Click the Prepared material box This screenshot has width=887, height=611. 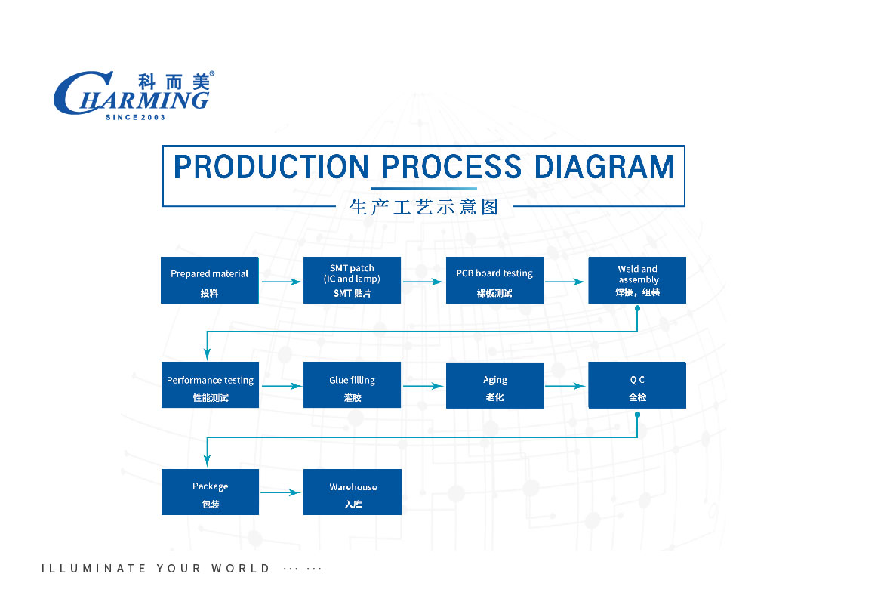(210, 280)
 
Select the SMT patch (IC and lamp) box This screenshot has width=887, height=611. (352, 280)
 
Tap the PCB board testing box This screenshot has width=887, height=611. (494, 280)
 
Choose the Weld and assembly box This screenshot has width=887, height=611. (637, 280)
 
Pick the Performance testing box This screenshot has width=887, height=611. (210, 384)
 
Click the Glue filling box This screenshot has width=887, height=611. (352, 384)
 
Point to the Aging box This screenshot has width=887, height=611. (494, 385)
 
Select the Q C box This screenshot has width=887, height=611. (637, 385)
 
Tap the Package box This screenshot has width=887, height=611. (210, 492)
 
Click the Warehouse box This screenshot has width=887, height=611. (353, 492)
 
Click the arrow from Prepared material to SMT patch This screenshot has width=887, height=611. (282, 281)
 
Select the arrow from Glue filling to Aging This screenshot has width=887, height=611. (423, 386)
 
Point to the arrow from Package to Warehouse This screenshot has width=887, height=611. (280, 492)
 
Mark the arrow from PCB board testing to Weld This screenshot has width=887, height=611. (565, 281)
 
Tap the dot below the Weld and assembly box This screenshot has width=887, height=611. (638, 308)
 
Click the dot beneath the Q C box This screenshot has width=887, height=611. (638, 415)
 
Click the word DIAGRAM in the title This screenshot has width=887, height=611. (604, 167)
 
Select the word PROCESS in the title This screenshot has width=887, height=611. (451, 167)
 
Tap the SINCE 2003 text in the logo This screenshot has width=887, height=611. (135, 117)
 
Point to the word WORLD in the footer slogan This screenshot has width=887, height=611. (241, 568)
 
